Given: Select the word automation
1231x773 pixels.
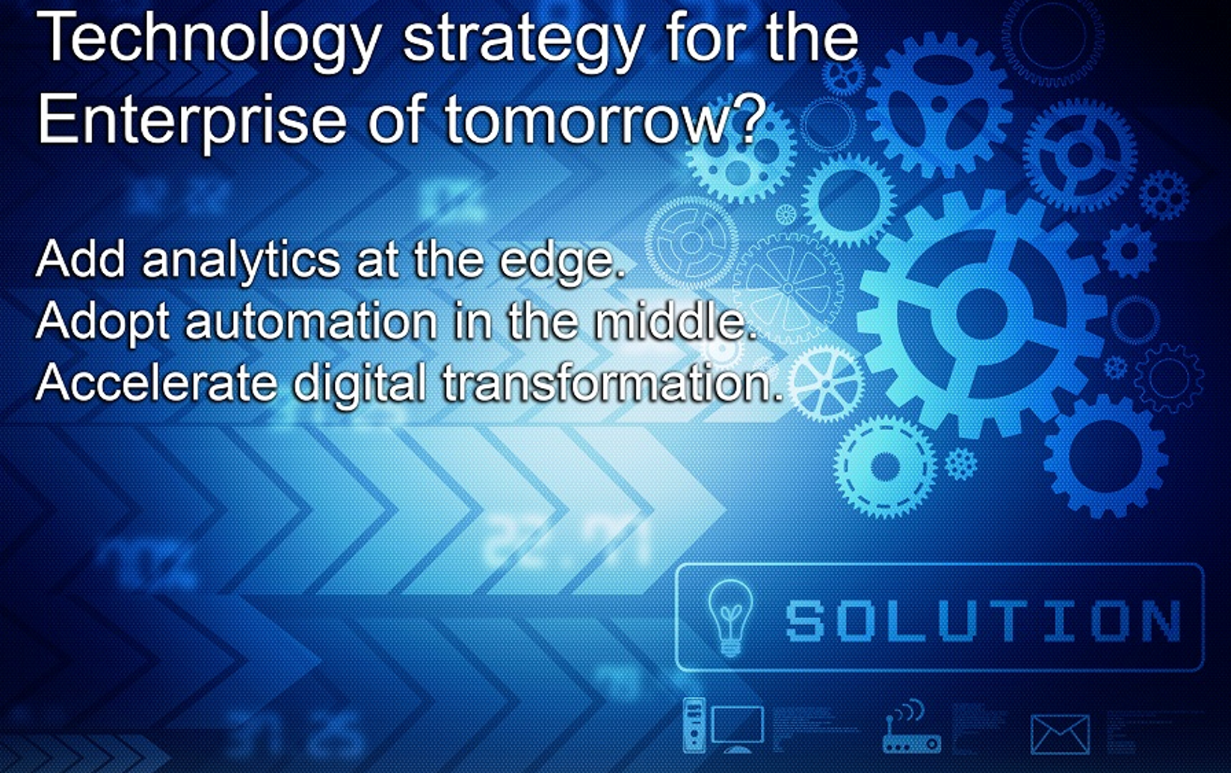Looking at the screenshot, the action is [x=311, y=321].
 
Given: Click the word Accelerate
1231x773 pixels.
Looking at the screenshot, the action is [x=157, y=382].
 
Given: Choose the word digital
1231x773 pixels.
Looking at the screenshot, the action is [x=360, y=384].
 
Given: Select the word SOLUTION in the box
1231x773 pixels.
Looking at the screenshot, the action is [x=983, y=620].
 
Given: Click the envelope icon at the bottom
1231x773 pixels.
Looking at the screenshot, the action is [x=1060, y=735].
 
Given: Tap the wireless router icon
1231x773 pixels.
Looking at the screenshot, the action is [x=910, y=727].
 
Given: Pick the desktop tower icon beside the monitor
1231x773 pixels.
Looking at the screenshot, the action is [x=694, y=725].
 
